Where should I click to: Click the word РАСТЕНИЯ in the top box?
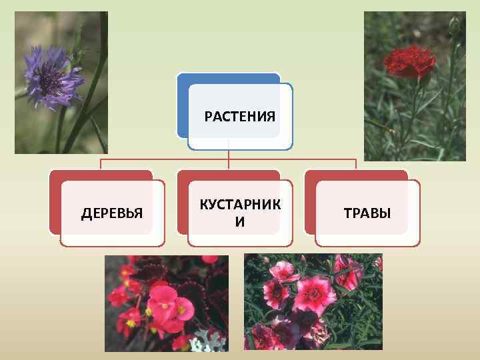(x=239, y=117)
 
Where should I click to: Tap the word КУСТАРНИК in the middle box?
(x=240, y=205)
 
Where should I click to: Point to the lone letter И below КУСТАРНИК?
(x=240, y=222)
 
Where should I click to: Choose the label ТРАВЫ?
(x=367, y=213)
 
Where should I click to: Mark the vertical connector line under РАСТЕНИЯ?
(x=229, y=155)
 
